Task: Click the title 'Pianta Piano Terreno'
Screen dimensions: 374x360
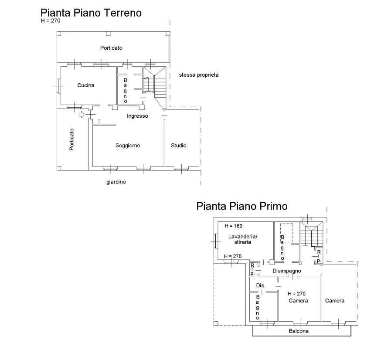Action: (x=91, y=13)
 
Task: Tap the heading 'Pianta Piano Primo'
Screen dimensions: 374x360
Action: (x=242, y=206)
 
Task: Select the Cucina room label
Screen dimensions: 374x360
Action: (x=85, y=85)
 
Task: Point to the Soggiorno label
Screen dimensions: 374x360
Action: (x=128, y=146)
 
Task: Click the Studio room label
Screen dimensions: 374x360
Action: (x=178, y=146)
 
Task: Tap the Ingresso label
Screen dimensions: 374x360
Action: (x=137, y=116)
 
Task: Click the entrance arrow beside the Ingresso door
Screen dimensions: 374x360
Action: (x=82, y=115)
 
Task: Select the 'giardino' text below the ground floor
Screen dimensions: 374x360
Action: (x=116, y=182)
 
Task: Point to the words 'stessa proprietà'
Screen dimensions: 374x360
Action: (x=199, y=75)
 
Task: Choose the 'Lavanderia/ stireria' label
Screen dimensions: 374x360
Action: (x=242, y=239)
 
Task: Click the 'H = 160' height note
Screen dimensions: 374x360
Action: (x=234, y=226)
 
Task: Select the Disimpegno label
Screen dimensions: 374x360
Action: (x=287, y=271)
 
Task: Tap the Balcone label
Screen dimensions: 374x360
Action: (x=299, y=331)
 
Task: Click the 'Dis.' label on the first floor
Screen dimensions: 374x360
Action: (x=261, y=285)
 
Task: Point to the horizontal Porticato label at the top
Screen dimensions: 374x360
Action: (x=111, y=48)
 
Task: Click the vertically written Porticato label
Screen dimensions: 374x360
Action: (x=71, y=139)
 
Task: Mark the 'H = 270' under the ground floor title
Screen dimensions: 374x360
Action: (x=51, y=21)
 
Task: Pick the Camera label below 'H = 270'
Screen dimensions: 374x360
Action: (x=298, y=301)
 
